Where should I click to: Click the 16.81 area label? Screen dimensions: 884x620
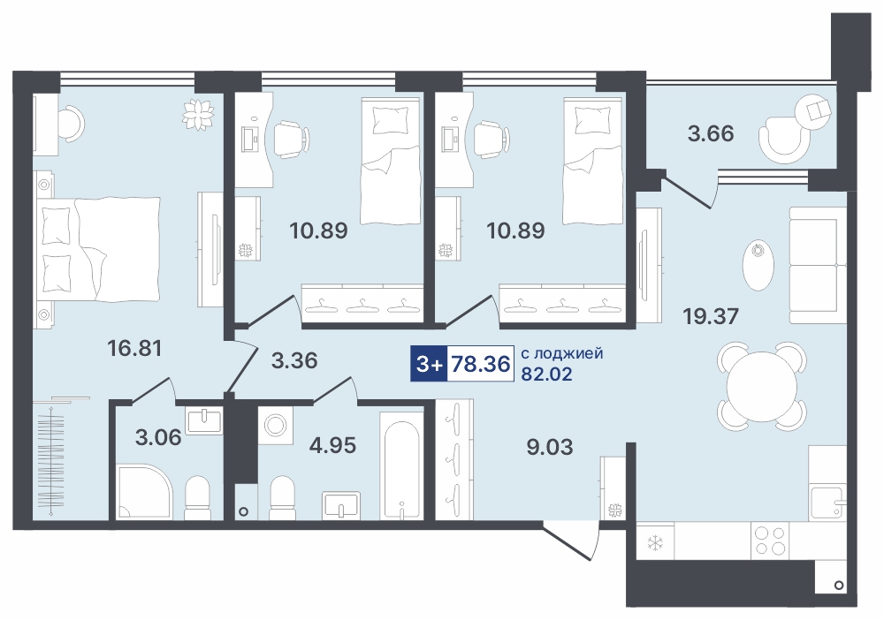[x=134, y=348]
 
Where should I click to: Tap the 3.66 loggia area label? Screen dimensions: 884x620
[x=711, y=133]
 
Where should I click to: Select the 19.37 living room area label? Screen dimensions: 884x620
[x=711, y=316]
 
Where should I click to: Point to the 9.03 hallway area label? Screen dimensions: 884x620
[x=550, y=447]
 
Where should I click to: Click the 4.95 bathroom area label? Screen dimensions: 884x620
[x=332, y=445]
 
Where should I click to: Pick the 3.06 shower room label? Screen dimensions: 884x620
[x=158, y=437]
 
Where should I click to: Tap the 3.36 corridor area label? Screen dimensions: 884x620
[x=294, y=360]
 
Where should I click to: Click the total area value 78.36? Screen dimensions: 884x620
[x=481, y=364]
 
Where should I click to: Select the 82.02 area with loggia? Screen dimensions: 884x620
[x=546, y=374]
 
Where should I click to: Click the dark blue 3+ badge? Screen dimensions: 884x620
[x=429, y=364]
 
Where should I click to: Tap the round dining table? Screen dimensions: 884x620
[x=761, y=387]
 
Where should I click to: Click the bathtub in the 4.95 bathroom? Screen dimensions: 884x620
[x=400, y=465]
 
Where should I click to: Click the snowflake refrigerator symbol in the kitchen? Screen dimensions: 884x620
[x=654, y=543]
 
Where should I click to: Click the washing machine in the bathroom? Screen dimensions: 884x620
[x=275, y=425]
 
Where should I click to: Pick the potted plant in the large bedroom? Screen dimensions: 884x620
[x=198, y=115]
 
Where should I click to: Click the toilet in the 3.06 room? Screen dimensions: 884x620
[x=197, y=498]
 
